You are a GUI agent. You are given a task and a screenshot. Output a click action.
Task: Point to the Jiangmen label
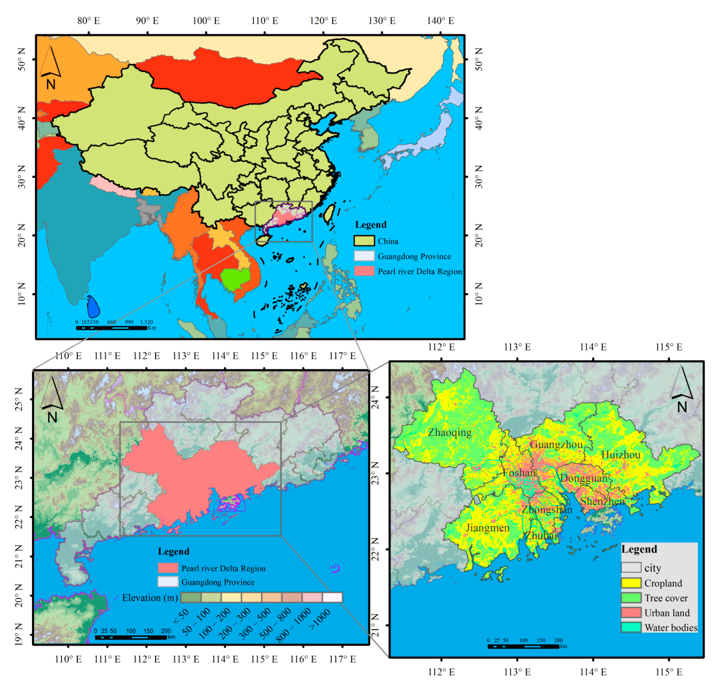click(x=487, y=528)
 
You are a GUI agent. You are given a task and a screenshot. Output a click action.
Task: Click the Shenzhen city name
click(x=602, y=501)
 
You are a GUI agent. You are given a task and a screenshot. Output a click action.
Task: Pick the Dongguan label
click(x=583, y=478)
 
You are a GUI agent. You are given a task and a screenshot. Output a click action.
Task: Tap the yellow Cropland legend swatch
click(x=631, y=583)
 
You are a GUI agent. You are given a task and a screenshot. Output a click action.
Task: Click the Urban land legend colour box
click(x=631, y=612)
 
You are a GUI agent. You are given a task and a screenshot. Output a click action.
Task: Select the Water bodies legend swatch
click(x=631, y=627)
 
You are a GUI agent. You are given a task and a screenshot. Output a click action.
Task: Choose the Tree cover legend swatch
click(x=631, y=598)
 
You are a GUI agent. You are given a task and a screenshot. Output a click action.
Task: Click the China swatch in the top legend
click(x=364, y=241)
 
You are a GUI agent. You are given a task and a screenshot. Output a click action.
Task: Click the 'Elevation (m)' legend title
click(x=150, y=598)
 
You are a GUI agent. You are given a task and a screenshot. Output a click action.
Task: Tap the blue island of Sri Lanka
click(x=93, y=307)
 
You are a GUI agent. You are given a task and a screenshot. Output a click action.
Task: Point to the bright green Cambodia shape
click(x=235, y=279)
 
